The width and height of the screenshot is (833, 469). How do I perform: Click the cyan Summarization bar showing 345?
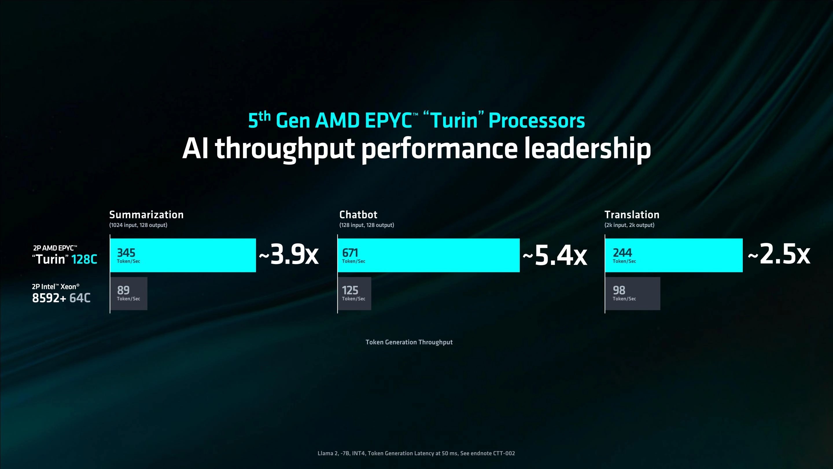[183, 255]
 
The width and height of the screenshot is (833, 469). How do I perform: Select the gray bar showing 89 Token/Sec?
[129, 294]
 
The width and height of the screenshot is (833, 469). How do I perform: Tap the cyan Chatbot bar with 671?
[428, 255]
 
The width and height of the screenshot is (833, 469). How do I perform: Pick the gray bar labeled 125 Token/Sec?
[354, 294]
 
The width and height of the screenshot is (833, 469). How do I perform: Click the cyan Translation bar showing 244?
[674, 255]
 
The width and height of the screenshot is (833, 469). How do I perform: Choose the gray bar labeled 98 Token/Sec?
[633, 294]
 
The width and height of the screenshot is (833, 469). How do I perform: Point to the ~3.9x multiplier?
[289, 255]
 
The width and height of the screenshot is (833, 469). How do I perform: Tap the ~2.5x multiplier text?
[779, 254]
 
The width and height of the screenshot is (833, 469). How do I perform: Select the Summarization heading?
[146, 215]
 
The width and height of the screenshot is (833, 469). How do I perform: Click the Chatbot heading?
[358, 215]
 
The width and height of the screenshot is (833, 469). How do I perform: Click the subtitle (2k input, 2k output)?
[629, 225]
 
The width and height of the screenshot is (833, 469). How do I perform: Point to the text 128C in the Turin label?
[84, 259]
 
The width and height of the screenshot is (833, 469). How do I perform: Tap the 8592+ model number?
[49, 298]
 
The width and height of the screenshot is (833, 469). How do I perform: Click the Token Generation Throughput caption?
[409, 342]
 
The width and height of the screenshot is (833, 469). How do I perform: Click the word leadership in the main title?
[587, 148]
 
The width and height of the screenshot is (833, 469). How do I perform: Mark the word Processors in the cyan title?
[537, 120]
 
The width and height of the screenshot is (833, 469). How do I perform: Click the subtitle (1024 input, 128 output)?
[138, 225]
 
